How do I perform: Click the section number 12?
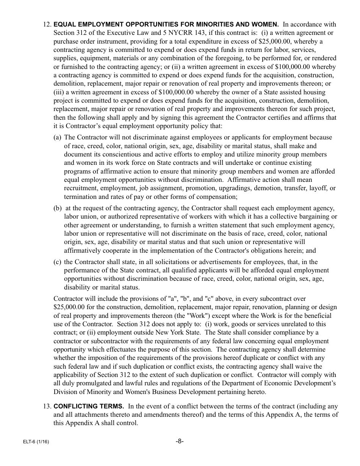pos(47,25)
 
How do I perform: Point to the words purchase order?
pos(73,42)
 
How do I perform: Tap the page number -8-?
pos(180,441)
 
